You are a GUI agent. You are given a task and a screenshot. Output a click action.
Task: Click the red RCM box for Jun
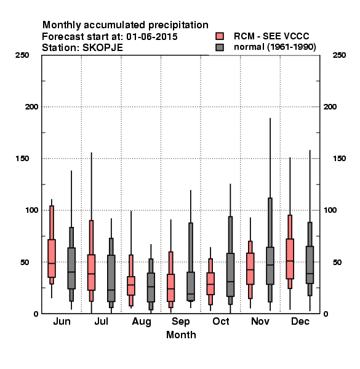click(x=52, y=258)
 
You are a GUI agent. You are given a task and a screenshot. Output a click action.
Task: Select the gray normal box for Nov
click(x=270, y=266)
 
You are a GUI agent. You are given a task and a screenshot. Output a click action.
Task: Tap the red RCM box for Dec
click(x=290, y=259)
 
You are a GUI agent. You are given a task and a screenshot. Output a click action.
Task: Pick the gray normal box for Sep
click(x=191, y=286)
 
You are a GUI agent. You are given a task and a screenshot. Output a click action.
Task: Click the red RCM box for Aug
click(x=131, y=286)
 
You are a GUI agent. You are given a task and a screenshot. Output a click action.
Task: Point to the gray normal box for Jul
click(x=111, y=278)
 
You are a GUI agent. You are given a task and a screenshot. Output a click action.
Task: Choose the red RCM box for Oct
click(x=210, y=284)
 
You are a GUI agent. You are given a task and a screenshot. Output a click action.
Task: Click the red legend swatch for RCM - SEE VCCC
click(x=220, y=36)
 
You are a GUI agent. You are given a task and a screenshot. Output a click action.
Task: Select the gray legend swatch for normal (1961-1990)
click(x=220, y=47)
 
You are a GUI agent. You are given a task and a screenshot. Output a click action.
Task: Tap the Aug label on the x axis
click(x=142, y=322)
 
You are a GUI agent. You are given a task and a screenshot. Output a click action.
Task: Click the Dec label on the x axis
click(x=300, y=321)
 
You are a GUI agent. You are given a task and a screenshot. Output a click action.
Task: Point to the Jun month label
click(x=62, y=321)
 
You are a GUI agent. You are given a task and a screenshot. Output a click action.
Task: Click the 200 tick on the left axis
click(x=31, y=107)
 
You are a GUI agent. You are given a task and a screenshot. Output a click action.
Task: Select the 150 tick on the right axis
click(x=339, y=159)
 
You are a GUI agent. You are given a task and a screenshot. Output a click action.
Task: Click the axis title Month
click(x=181, y=335)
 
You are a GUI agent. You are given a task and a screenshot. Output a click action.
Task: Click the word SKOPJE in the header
click(x=103, y=48)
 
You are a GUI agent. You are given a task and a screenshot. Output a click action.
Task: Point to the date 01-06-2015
click(x=152, y=37)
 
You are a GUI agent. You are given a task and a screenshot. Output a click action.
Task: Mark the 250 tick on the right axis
click(x=339, y=55)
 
